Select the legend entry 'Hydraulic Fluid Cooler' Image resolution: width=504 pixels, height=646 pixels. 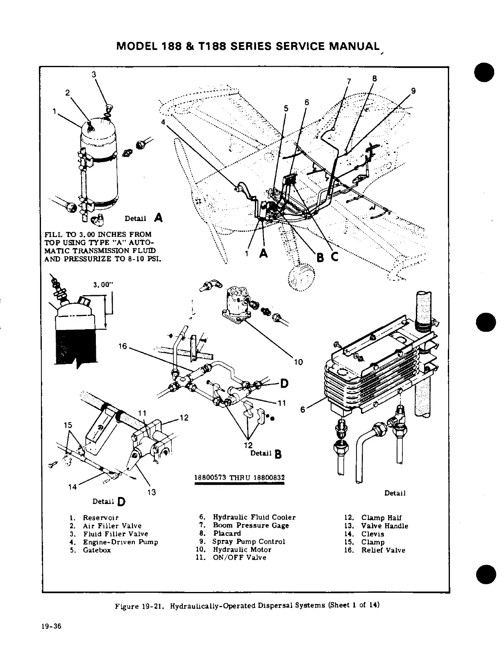coord(254,517)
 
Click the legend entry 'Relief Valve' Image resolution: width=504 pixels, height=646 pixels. coord(383,550)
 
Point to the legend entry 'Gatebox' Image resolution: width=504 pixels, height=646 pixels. coord(97,550)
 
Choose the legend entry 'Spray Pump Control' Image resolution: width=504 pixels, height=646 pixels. coord(248,542)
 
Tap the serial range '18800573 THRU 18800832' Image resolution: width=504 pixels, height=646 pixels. coord(240,478)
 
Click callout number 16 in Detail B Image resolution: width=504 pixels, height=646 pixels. coord(123,346)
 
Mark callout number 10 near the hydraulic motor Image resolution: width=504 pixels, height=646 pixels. coord(298,362)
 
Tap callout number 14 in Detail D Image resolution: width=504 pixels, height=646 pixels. coord(73,487)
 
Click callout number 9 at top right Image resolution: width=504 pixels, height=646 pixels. coord(413,91)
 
